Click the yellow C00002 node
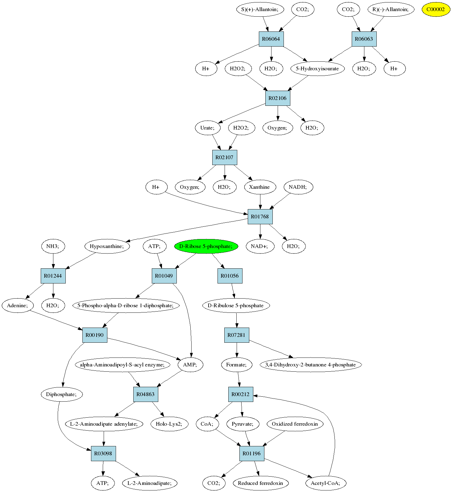pos(436,9)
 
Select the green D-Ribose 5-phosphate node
pos(206,246)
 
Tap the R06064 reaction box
pos(271,39)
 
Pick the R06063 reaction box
pos(364,39)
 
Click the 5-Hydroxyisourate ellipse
pos(317,68)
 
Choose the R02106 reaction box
pos(277,98)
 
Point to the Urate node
pos(208,128)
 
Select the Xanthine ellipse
pos(259,187)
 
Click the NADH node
pos(298,187)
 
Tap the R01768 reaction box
pos(260,217)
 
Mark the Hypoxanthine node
pos(107,246)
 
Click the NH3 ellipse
pos(53,246)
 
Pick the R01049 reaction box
pos(164,276)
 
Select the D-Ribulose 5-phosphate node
pos(236,305)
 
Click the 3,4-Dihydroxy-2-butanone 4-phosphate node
pos(310,365)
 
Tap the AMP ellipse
pos(190,365)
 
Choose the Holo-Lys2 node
pos(169,424)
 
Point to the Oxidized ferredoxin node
pos(295,424)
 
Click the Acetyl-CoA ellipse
pos(326,483)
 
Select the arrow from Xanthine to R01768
pos(260,202)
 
